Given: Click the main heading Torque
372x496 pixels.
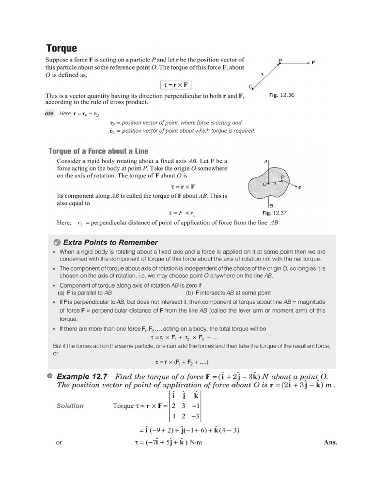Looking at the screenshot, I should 62,48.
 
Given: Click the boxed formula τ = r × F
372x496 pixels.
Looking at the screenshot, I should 175,85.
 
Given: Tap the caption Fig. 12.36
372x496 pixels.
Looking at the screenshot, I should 281,95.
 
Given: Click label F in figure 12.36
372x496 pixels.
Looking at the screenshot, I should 313,62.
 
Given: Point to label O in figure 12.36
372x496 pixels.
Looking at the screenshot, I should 250,87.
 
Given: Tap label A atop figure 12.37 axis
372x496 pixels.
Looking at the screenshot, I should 266,161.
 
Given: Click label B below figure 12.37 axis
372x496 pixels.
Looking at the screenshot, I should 271,205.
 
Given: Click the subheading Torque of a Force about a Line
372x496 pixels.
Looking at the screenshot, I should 98,151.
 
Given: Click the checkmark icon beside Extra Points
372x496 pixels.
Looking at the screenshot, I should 56,242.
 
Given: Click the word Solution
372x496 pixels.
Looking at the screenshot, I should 70,406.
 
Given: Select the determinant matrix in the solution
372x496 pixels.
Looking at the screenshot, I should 185,406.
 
